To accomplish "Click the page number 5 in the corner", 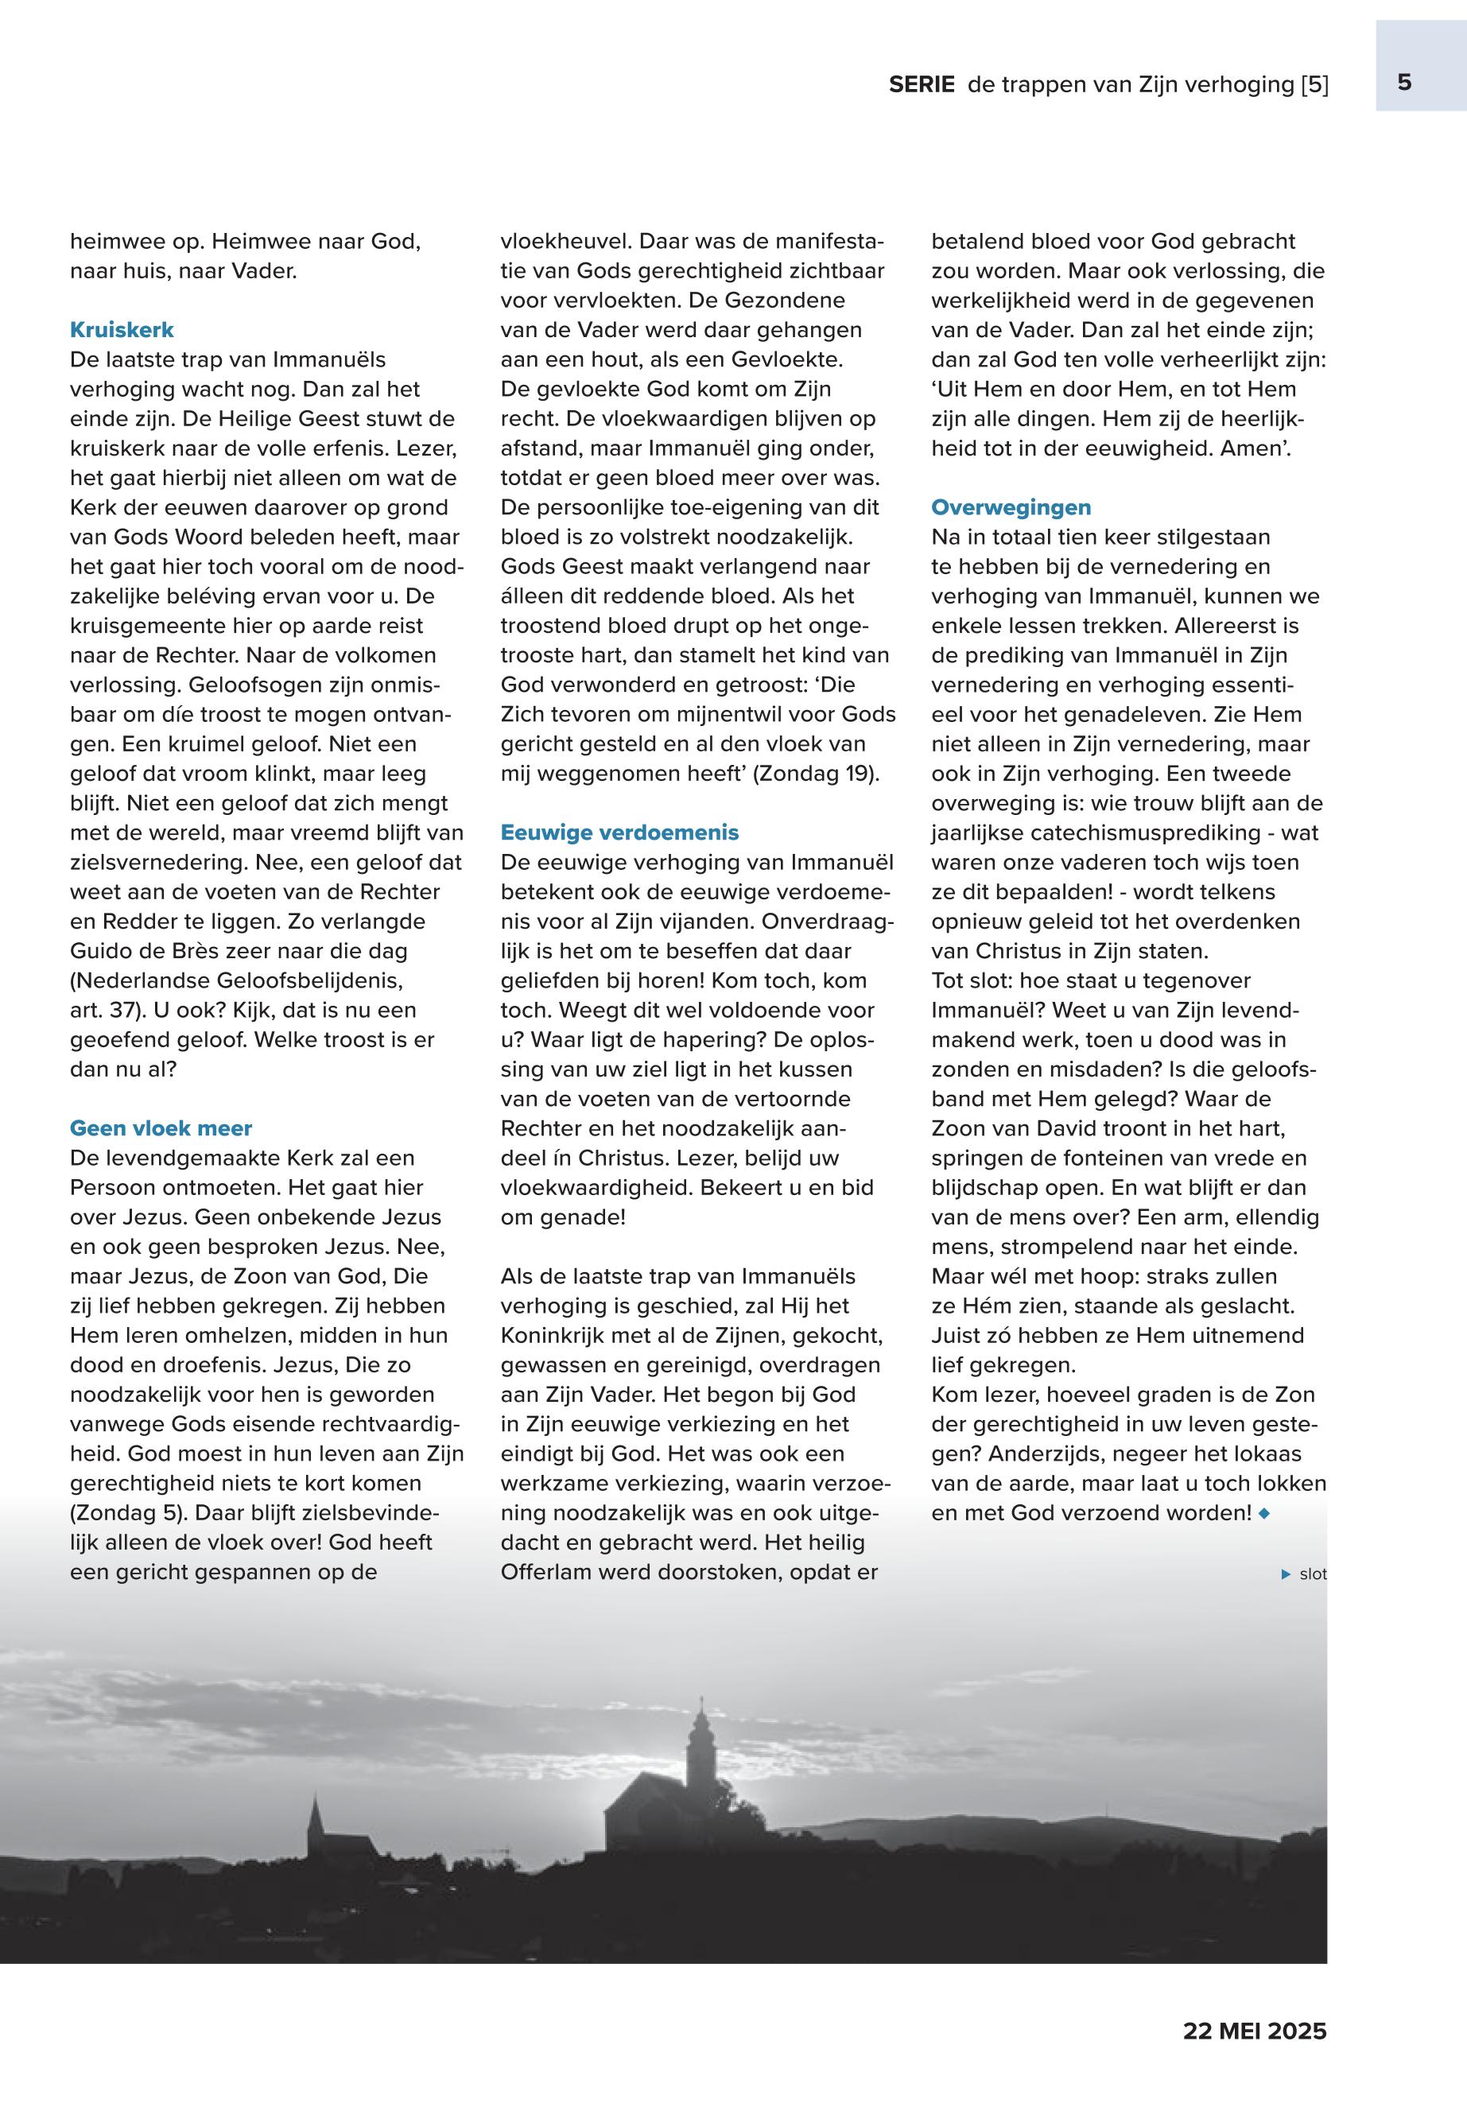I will point(1403,83).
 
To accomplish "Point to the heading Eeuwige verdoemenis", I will point(619,832).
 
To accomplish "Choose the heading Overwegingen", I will point(1011,507).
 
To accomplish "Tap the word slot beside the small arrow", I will point(1313,1574).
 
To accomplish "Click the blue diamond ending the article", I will point(1264,1513).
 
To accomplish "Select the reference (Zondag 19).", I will point(817,774).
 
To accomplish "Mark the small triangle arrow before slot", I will point(1286,1574).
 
